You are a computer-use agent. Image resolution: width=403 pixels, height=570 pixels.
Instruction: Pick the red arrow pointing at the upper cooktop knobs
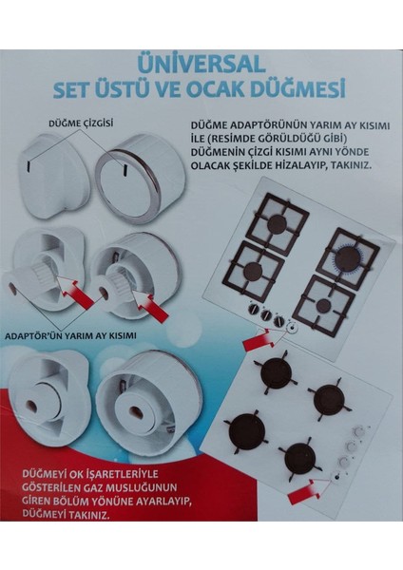[x=259, y=336]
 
